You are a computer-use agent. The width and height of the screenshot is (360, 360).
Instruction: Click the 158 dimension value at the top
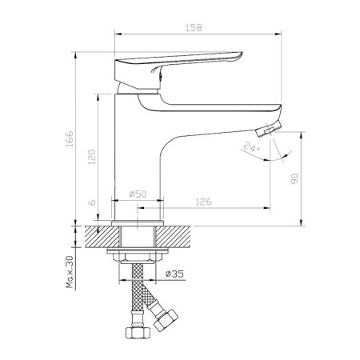194,28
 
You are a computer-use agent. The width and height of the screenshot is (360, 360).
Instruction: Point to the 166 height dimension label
69,138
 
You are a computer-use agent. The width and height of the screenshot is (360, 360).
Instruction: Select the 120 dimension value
92,157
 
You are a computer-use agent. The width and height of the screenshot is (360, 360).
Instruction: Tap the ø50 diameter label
138,194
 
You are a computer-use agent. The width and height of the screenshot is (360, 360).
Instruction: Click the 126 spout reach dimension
203,202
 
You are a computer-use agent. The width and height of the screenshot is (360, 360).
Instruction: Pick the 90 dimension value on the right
295,178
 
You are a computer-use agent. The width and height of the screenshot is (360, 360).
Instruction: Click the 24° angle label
251,146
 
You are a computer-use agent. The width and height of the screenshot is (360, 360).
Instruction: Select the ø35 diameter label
174,274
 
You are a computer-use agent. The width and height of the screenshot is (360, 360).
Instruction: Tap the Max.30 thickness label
70,272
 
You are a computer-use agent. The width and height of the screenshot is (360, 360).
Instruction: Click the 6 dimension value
92,202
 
